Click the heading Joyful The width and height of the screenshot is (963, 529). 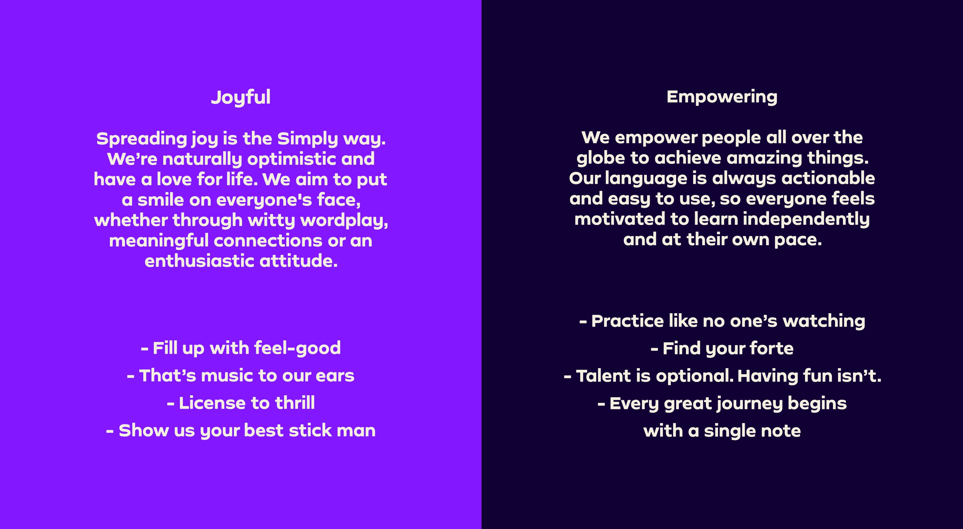[x=241, y=98]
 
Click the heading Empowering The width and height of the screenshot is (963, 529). [x=722, y=97]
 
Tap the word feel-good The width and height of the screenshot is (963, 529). [x=298, y=348]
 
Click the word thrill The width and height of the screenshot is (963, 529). [x=295, y=403]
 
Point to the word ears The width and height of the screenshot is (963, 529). [x=335, y=376]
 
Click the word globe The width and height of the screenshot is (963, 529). [x=601, y=158]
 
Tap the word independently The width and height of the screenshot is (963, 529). [x=806, y=220]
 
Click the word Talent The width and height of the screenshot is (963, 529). [x=604, y=376]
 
